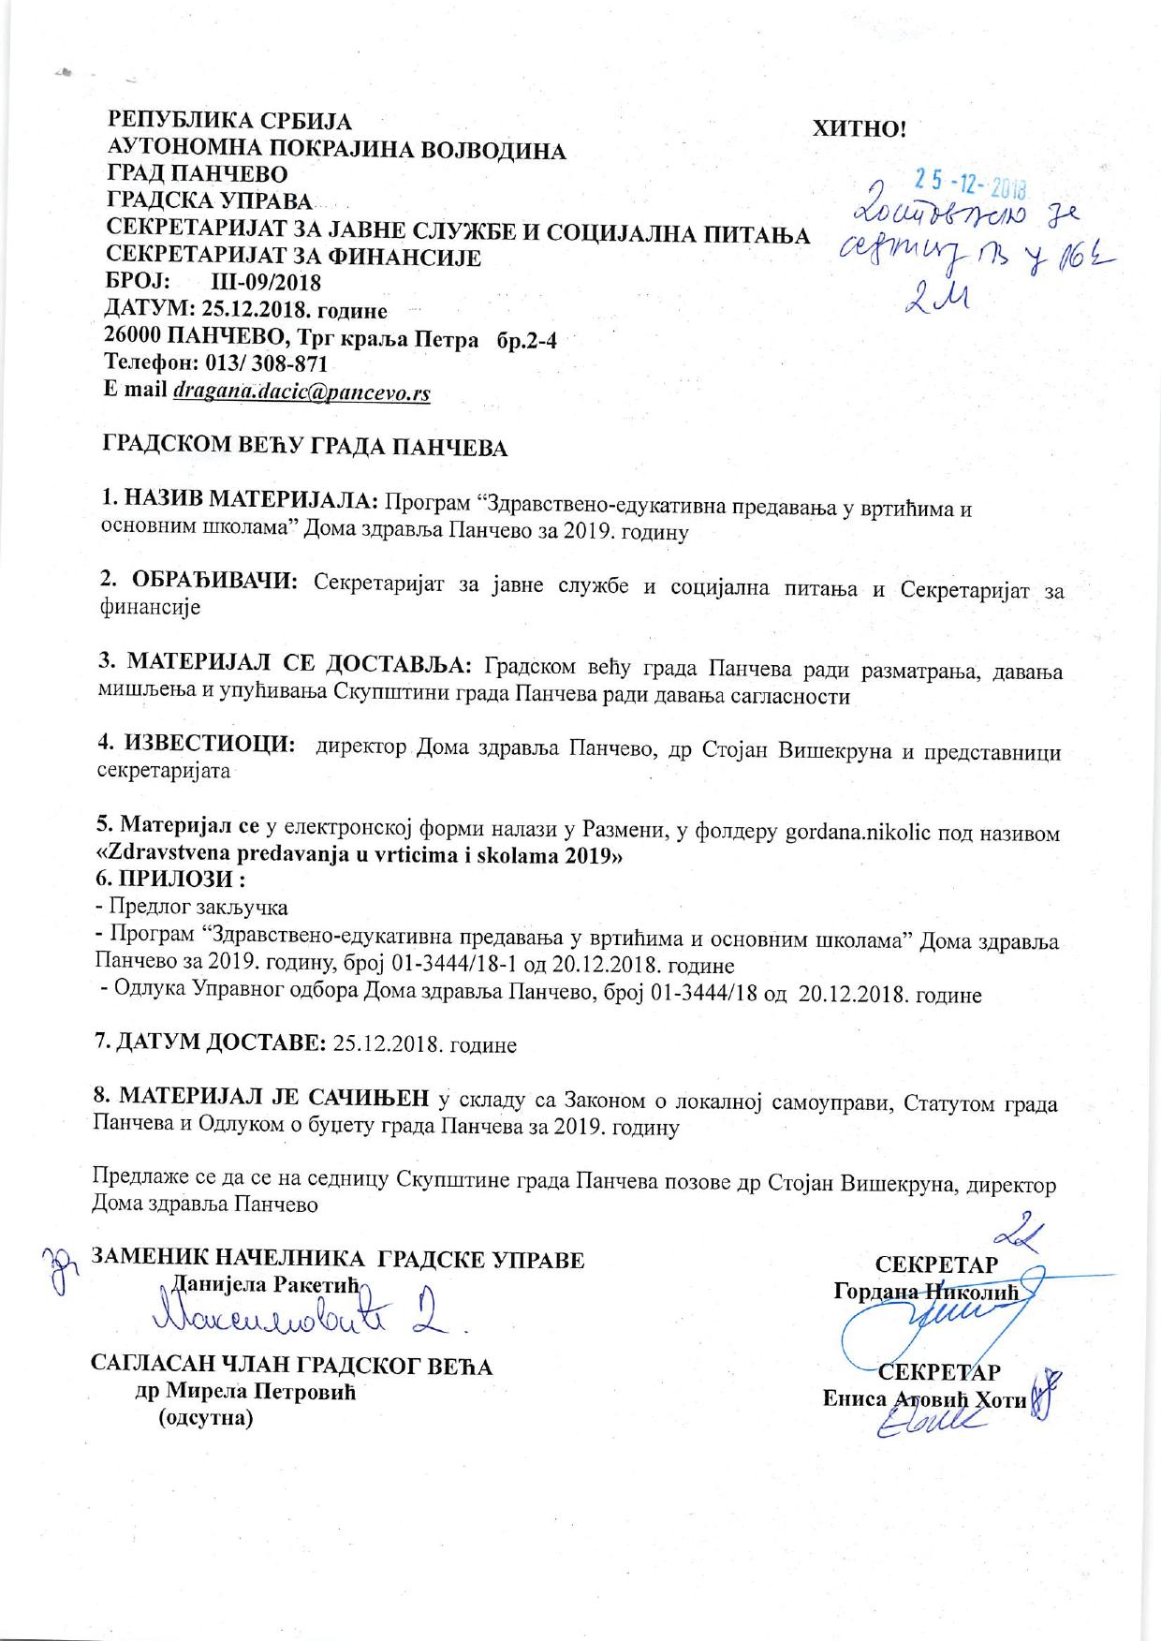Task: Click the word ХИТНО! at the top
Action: tap(861, 128)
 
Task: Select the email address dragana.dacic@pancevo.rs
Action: tap(301, 393)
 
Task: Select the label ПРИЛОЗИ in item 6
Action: tap(186, 881)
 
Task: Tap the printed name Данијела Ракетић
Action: tap(255, 1283)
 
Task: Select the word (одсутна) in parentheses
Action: tap(206, 1418)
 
